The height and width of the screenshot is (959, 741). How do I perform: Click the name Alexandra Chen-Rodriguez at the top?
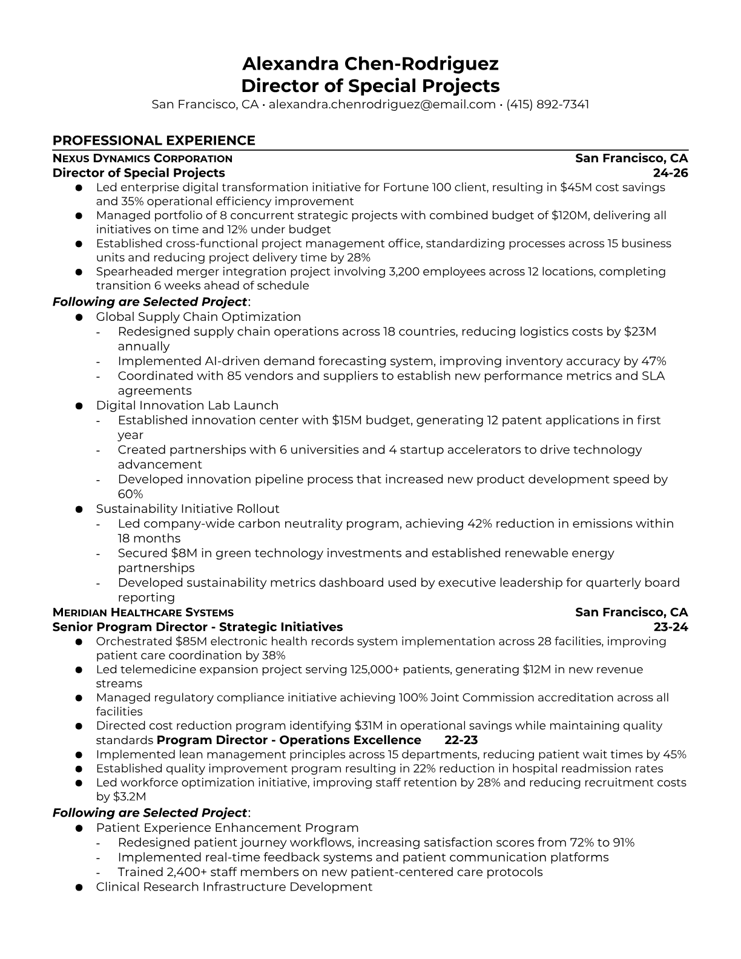point(370,64)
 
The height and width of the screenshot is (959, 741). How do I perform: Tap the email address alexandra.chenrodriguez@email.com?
point(382,104)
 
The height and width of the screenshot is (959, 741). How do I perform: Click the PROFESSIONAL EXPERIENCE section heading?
point(154,140)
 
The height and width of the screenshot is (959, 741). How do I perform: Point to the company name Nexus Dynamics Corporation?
point(142,159)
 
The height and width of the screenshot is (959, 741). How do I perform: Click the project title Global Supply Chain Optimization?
point(198,317)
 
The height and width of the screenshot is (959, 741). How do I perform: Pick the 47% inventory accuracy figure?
point(654,361)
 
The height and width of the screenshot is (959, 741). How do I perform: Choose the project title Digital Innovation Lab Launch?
point(187,406)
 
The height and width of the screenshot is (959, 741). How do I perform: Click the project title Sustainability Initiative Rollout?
point(188,509)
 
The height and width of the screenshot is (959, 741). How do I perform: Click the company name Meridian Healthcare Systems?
point(143,613)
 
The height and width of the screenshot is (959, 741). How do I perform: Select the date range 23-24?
point(671,627)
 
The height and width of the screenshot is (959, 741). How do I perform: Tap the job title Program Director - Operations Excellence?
point(289,740)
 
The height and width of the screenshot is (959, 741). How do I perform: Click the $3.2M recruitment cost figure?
point(130,797)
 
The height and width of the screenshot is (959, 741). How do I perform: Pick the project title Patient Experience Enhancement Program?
point(227,828)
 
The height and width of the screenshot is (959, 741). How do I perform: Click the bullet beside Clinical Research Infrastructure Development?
point(79,888)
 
